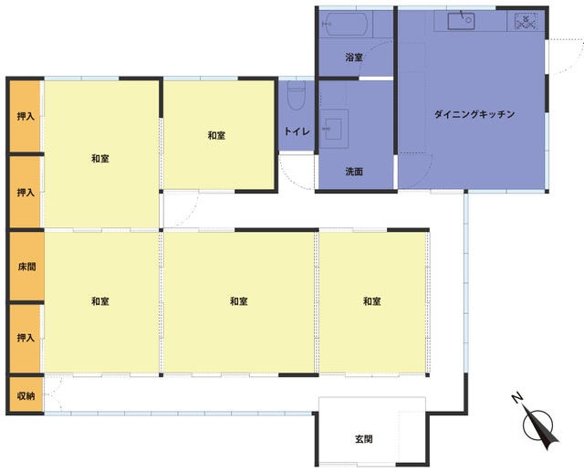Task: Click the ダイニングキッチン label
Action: (x=474, y=114)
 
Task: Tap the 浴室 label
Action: (x=354, y=58)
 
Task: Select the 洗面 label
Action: (x=354, y=172)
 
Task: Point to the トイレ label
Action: (x=297, y=131)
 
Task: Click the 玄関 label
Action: (x=363, y=439)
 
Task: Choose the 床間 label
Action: (x=26, y=267)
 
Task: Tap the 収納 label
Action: (x=26, y=396)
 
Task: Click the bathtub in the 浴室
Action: (x=345, y=24)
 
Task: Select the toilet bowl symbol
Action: (x=297, y=96)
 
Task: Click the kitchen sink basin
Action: (x=461, y=21)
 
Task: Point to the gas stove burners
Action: (x=526, y=21)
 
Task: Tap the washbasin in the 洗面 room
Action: (x=333, y=129)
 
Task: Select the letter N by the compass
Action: (x=517, y=398)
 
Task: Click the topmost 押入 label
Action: (x=26, y=117)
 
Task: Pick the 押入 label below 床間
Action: (x=26, y=338)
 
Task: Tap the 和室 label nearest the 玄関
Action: (x=372, y=301)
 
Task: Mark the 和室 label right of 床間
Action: (x=100, y=301)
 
